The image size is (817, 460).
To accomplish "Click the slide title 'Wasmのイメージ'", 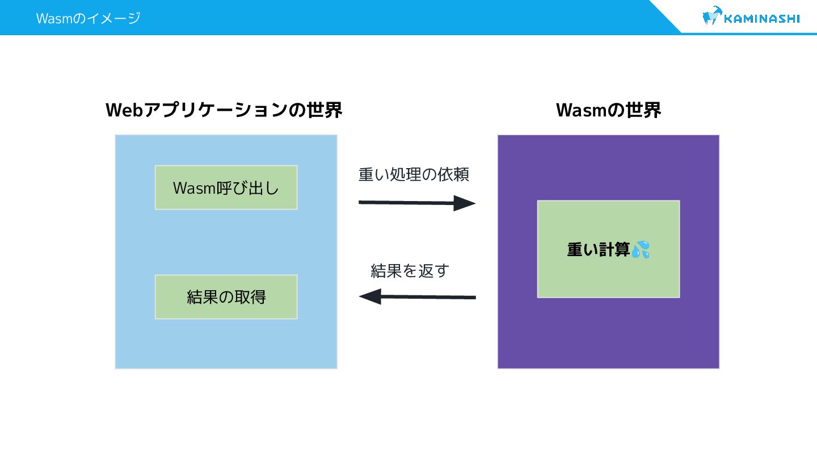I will (x=88, y=18).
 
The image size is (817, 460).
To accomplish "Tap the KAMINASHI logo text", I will (x=762, y=19).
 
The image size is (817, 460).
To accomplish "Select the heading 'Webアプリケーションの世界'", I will (x=224, y=110).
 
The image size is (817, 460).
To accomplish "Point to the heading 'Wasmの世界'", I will (x=608, y=110).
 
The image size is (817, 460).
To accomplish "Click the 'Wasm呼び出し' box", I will (x=226, y=187).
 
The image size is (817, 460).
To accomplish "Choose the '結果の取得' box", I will (x=226, y=297).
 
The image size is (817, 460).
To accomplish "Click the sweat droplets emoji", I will (x=641, y=249).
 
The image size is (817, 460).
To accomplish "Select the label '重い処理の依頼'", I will (x=414, y=174).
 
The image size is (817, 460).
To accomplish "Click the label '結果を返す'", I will (x=410, y=271).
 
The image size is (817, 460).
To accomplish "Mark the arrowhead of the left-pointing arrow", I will (x=370, y=296).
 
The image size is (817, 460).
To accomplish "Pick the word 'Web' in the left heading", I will (x=124, y=110).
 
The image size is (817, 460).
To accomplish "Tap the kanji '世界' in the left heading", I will (x=325, y=110).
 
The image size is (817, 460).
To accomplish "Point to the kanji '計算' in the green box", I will (x=614, y=249).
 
